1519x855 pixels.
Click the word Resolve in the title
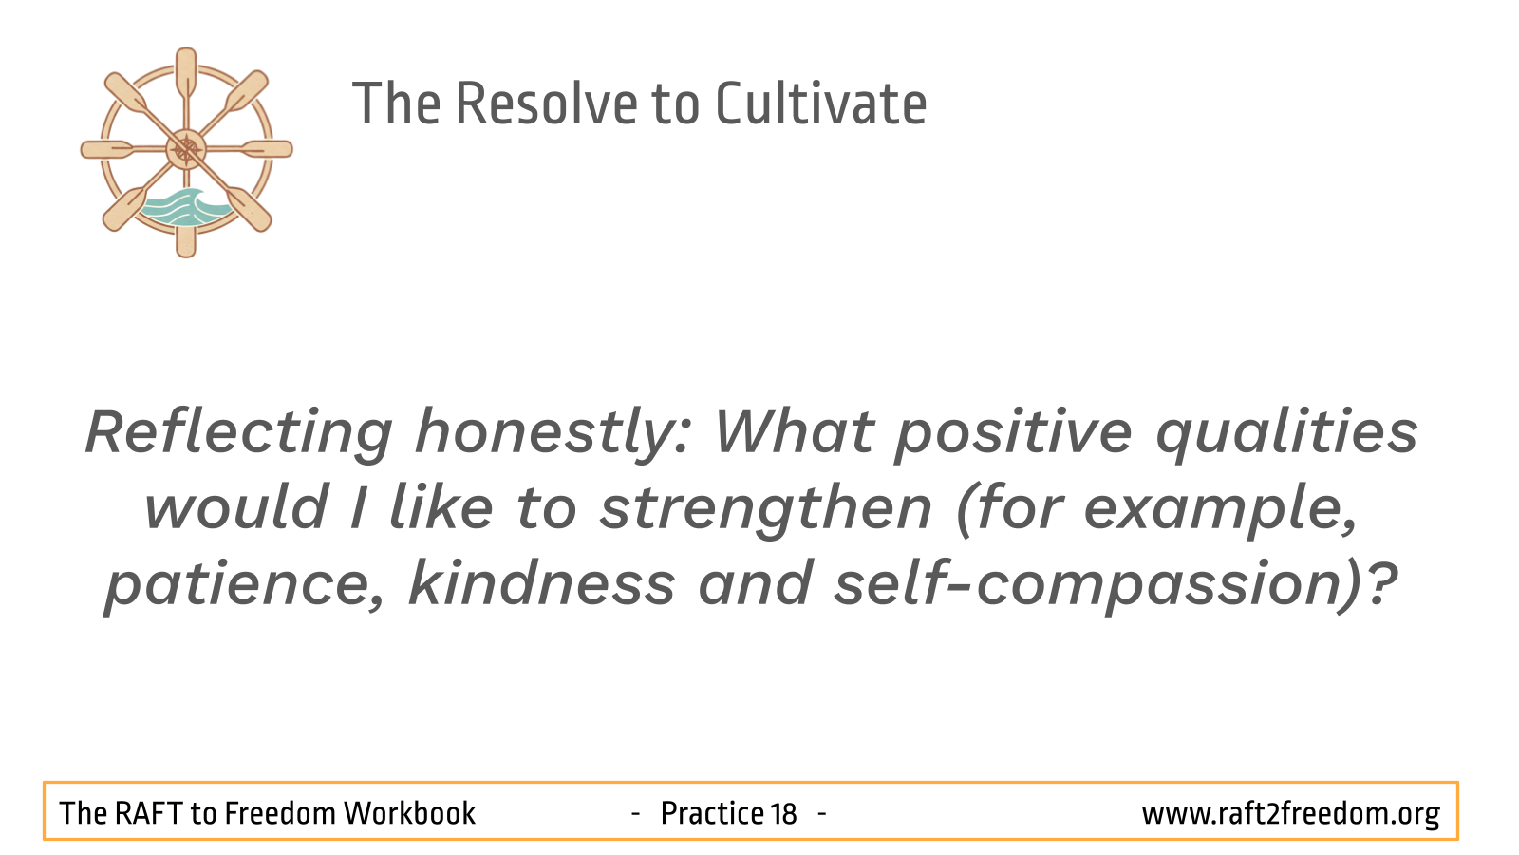pos(546,104)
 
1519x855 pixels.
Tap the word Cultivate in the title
pos(821,104)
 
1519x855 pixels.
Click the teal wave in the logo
pos(183,208)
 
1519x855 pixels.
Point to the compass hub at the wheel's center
pos(186,149)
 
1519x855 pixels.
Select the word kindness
pos(542,582)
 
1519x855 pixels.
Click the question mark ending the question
pos(1380,582)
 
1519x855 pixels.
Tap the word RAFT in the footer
pos(148,813)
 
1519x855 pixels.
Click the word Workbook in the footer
pos(410,813)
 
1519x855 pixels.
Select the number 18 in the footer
pos(783,813)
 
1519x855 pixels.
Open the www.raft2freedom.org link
pos(1290,814)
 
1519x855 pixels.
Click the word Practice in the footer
pos(713,813)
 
